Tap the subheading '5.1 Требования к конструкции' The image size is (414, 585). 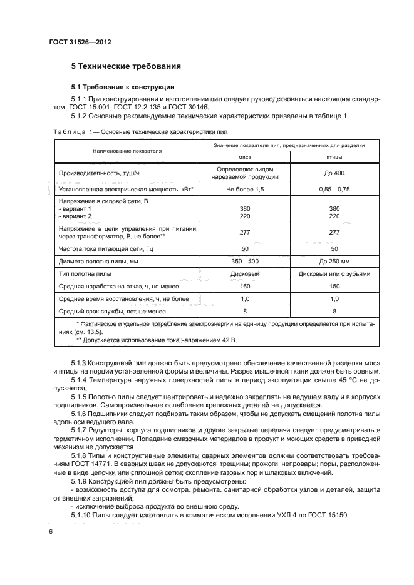pos(122,87)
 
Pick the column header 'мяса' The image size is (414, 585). pos(244,158)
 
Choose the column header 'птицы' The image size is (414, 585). pos(334,158)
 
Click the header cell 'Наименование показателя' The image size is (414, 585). pos(127,151)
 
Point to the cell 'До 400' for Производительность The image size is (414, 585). pos(334,173)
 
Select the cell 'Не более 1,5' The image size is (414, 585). pos(244,188)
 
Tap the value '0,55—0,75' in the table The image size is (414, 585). pos(334,188)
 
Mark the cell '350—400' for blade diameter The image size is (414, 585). pos(244,260)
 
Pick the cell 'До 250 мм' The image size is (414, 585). pos(334,260)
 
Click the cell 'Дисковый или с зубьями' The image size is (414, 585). pos(334,273)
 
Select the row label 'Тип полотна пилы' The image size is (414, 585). pos(86,273)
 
